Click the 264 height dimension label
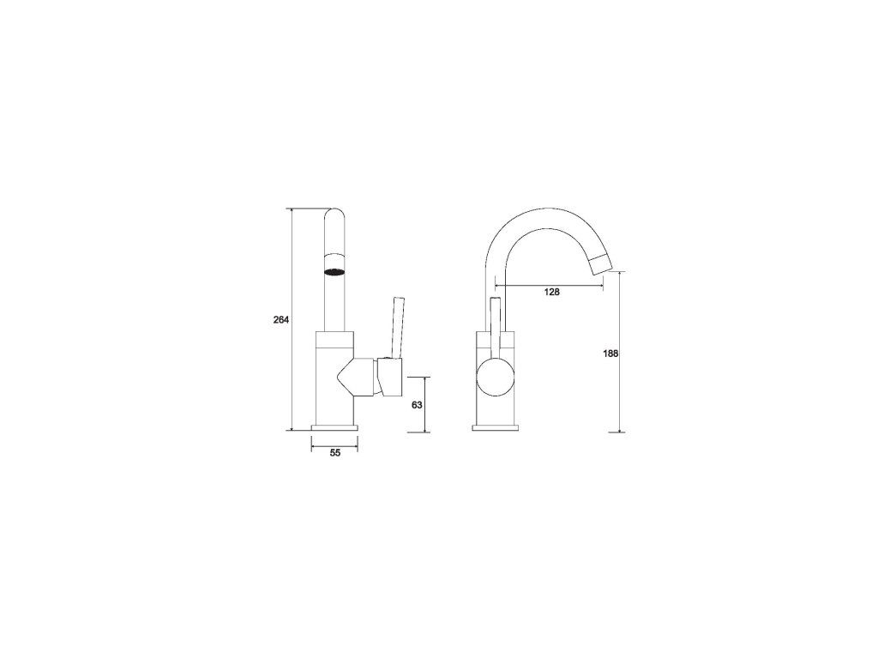coord(280,320)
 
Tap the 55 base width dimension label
coord(335,453)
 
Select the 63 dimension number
coord(417,405)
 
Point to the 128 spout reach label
coord(552,292)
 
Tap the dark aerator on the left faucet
coord(334,272)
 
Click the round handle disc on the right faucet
coord(496,378)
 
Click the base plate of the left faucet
coord(334,428)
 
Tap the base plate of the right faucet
coord(496,428)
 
